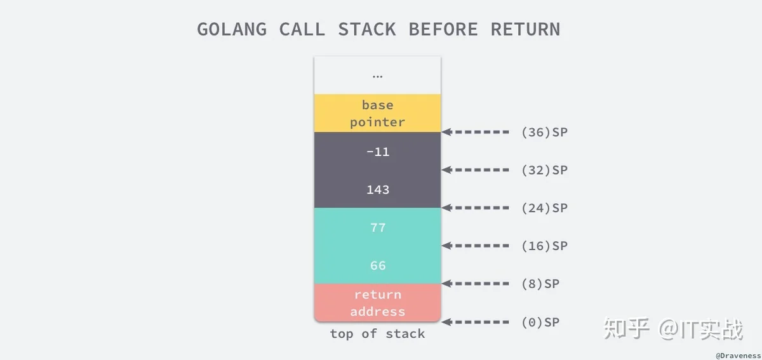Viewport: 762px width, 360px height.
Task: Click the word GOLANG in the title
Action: [x=232, y=29]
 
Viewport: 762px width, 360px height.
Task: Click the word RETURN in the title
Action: [x=525, y=29]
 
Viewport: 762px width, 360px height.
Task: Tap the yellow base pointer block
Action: [x=378, y=113]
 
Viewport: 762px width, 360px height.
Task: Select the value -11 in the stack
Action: [x=378, y=152]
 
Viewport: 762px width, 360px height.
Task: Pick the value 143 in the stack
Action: [x=378, y=190]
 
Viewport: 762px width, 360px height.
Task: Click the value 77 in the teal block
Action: [x=378, y=227]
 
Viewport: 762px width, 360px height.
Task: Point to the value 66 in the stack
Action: [x=378, y=265]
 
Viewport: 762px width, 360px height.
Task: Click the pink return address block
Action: [x=378, y=303]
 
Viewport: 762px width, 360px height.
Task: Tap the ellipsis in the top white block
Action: [x=378, y=77]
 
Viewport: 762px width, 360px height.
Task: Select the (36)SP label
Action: [x=544, y=132]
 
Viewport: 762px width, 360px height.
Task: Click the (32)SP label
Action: [x=544, y=170]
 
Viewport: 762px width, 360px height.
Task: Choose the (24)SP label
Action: [x=544, y=208]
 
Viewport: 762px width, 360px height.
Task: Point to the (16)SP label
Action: [x=544, y=246]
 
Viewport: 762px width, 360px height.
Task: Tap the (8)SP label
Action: [x=540, y=284]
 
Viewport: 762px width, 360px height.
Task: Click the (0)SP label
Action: [x=540, y=323]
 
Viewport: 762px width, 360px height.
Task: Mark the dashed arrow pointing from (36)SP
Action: [x=475, y=132]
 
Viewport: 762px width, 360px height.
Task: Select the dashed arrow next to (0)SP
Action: [x=475, y=322]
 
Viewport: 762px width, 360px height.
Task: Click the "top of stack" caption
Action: [x=378, y=334]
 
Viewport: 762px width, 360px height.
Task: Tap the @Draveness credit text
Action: [x=738, y=356]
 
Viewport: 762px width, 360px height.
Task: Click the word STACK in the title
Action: [x=367, y=29]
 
